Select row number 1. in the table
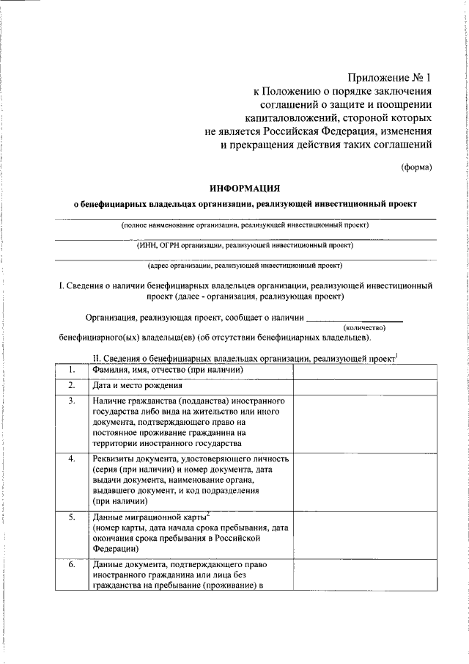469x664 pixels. point(72,369)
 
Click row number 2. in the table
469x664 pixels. point(72,385)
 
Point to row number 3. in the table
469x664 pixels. point(72,402)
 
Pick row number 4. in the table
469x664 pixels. point(72,459)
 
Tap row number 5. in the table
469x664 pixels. point(72,517)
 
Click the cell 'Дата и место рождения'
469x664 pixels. point(137,386)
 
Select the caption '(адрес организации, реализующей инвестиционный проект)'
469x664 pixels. point(244,266)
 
